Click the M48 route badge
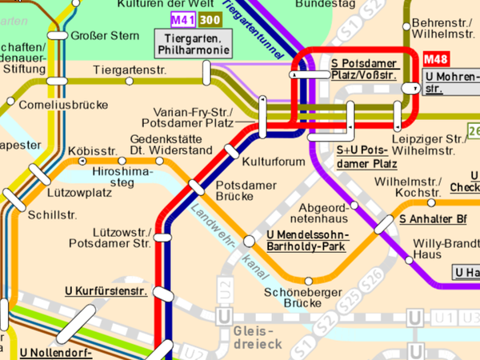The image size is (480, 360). (436, 59)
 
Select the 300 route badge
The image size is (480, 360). (210, 19)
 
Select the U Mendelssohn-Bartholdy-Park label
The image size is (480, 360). (305, 242)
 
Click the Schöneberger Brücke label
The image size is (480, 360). (293, 298)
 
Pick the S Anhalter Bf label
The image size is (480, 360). (433, 218)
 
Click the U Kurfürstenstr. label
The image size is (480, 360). (106, 291)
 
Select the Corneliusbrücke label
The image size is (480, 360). (55, 103)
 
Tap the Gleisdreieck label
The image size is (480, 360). (254, 337)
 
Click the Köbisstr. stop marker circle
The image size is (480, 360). (82, 162)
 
